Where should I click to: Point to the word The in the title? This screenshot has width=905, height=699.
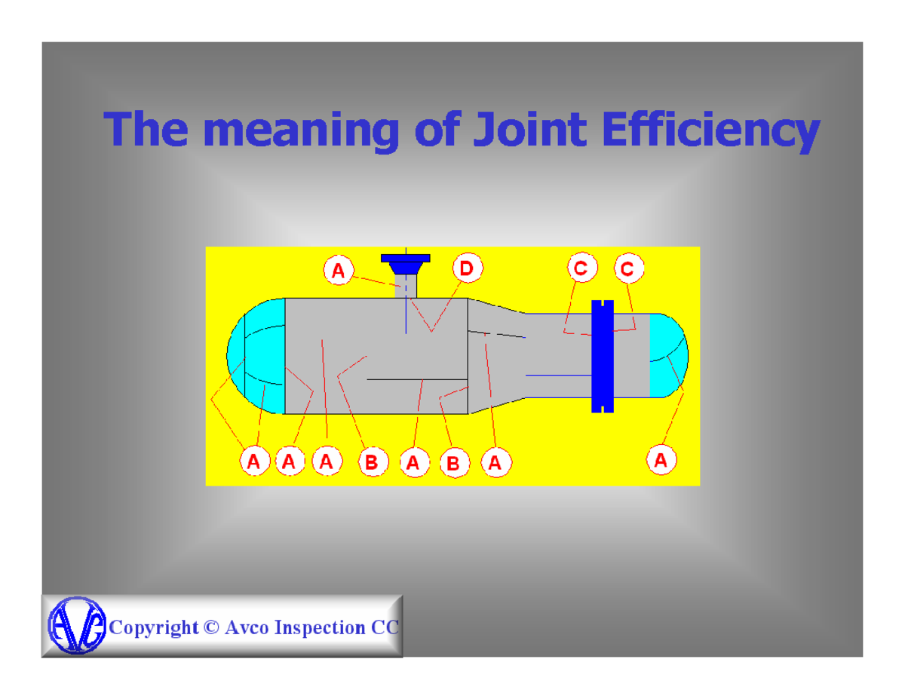click(146, 130)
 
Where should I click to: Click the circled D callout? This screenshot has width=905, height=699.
click(468, 268)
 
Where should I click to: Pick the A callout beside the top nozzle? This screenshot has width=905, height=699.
click(339, 269)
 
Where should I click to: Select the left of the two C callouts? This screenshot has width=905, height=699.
click(581, 268)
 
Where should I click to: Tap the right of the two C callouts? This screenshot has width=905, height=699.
click(628, 268)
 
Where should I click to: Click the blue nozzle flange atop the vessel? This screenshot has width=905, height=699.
click(406, 261)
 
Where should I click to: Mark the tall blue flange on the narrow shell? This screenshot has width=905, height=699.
click(603, 356)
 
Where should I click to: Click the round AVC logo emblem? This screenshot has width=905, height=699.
click(76, 626)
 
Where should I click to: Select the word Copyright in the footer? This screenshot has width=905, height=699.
click(154, 627)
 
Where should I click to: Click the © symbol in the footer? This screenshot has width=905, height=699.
click(211, 627)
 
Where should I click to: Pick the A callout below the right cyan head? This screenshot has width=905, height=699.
click(661, 460)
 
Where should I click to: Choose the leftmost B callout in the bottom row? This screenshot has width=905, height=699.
click(372, 462)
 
